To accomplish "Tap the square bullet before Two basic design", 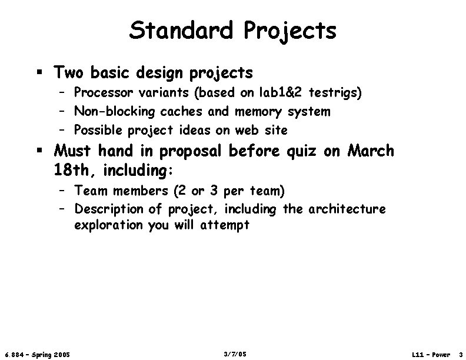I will point(39,73).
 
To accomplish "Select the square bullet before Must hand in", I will point(39,151).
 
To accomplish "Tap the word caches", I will point(185,111).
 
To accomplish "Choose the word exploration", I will point(108,225).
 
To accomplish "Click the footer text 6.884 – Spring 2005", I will point(37,354).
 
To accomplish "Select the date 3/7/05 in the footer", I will point(235,354).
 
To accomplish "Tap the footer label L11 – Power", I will point(431,354).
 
